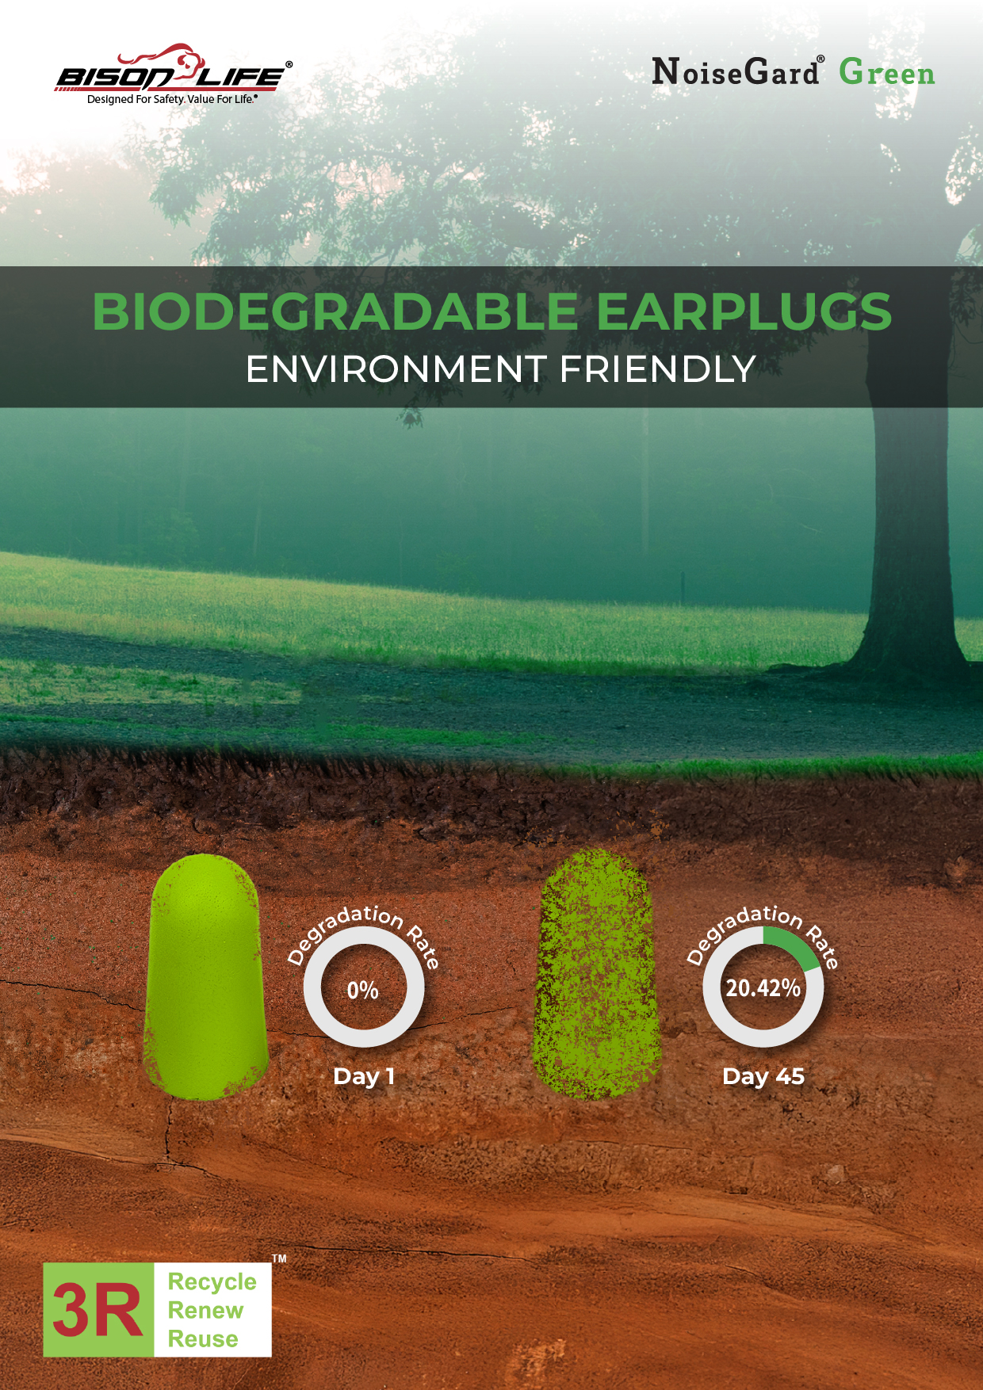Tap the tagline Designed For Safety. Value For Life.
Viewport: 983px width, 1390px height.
(x=172, y=100)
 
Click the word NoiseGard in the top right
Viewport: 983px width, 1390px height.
(x=736, y=73)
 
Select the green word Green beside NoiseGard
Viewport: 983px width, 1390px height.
(x=887, y=73)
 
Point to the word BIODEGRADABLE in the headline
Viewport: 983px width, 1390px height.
(x=335, y=311)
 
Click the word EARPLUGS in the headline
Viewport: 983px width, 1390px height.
(x=744, y=311)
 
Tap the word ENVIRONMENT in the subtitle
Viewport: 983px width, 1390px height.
(x=396, y=369)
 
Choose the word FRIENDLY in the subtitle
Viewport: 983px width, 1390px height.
(x=657, y=369)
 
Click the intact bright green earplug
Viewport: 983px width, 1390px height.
(x=206, y=976)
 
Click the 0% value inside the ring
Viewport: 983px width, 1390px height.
(x=363, y=990)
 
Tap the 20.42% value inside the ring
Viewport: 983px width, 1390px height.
(x=763, y=988)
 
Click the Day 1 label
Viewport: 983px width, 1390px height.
(x=364, y=1076)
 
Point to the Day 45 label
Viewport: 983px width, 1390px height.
(x=763, y=1076)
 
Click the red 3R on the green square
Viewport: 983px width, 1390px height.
(x=98, y=1309)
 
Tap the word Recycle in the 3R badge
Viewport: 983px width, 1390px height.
(x=212, y=1281)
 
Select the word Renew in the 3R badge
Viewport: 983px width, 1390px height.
(x=205, y=1310)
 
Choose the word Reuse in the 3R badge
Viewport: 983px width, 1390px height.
(x=203, y=1338)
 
